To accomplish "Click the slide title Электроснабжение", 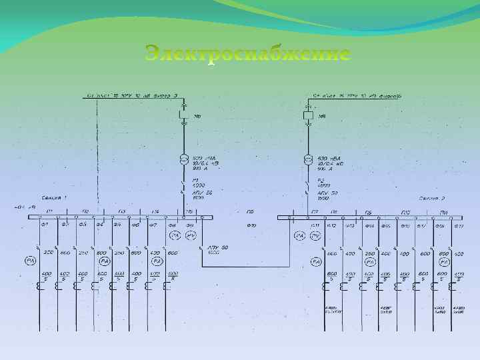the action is pos(247,54).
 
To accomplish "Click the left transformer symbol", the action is pos(184,159).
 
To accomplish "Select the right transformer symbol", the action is pos(308,159).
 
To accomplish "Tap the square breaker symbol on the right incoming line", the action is pos(308,116).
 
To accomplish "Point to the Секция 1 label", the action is pos(55,197).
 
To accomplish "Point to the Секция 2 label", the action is pos(432,198).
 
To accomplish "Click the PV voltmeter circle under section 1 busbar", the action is pos(191,236).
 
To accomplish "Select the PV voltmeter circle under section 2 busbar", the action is pos(315,236).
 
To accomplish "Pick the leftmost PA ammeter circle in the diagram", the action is pos(31,259).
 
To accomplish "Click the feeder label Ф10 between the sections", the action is pos(251,225).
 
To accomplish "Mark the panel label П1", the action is pos(49,211).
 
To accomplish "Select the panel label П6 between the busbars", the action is pos(250,211).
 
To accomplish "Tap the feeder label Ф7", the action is pos(152,225).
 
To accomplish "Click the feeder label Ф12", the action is pos(331,225).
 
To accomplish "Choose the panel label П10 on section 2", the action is pos(404,211).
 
